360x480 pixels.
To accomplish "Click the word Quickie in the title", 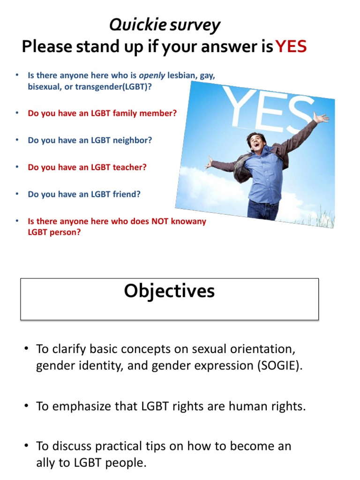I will [132, 25].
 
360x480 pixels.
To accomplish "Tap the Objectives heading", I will [169, 291].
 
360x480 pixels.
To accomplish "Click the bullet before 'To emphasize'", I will [27, 406].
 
